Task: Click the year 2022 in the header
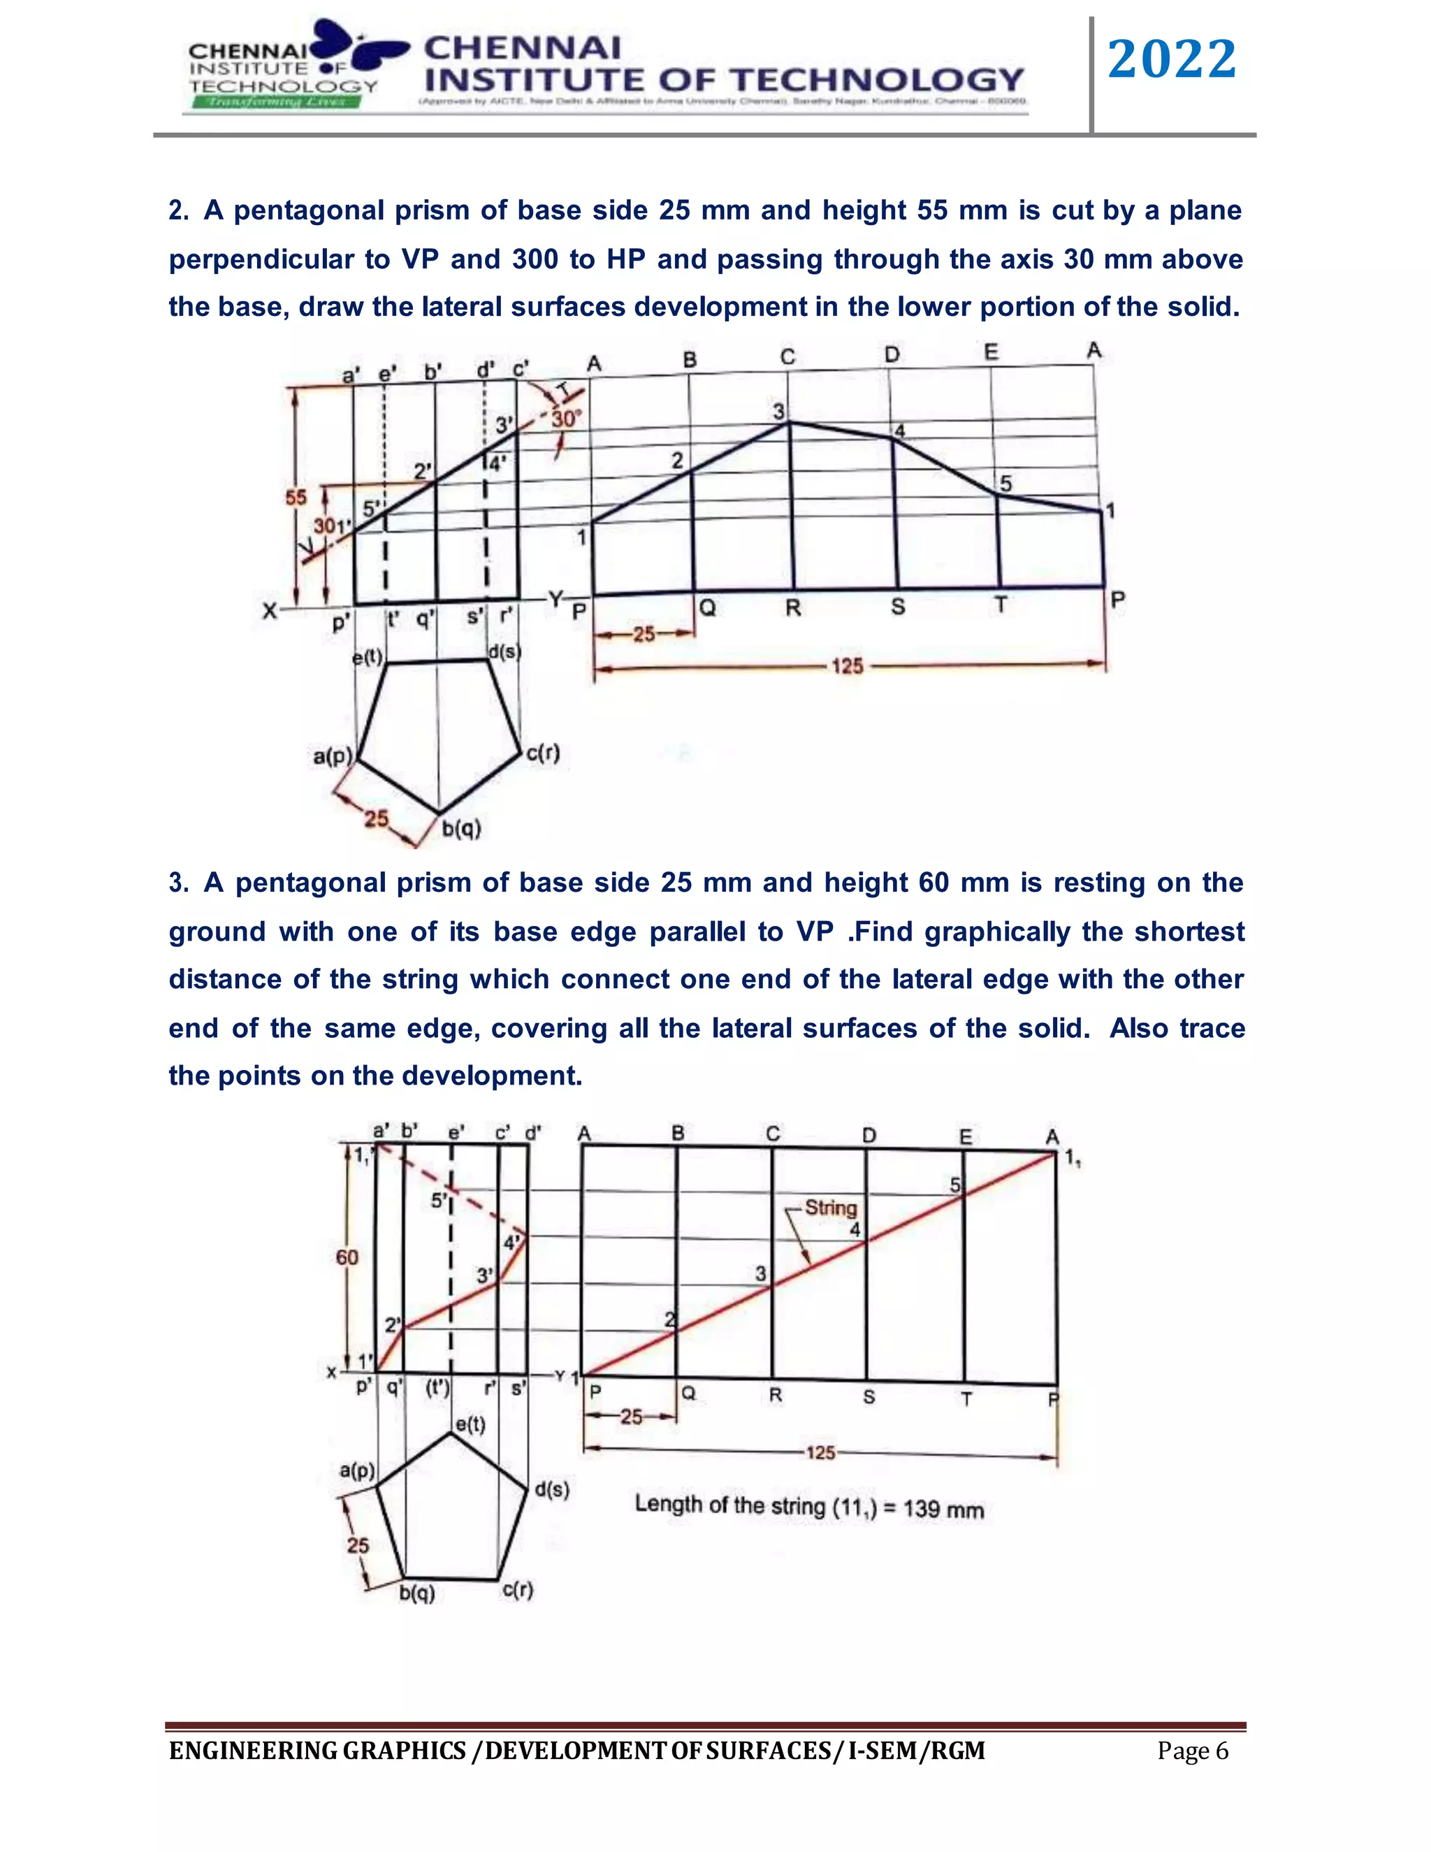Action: (x=1172, y=59)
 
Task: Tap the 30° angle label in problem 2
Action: (x=565, y=419)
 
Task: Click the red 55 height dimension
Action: (x=296, y=498)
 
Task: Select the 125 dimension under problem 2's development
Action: (x=846, y=667)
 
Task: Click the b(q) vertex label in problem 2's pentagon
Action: (x=462, y=828)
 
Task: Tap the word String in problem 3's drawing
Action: (x=831, y=1208)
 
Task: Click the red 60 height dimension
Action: (x=347, y=1257)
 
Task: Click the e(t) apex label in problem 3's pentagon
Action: (x=470, y=1424)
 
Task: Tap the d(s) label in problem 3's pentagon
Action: (x=552, y=1490)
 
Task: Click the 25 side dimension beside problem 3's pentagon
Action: (x=358, y=1545)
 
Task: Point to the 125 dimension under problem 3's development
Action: (x=820, y=1453)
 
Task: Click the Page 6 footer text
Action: (x=1192, y=1751)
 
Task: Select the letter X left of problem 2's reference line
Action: (x=270, y=611)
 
